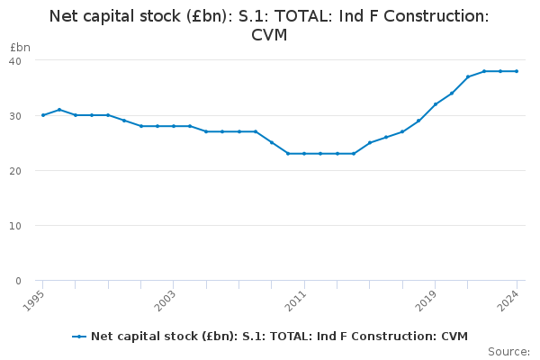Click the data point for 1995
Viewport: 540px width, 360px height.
tap(43, 115)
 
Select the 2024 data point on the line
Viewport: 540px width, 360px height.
tap(517, 71)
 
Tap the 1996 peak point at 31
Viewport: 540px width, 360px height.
tap(59, 110)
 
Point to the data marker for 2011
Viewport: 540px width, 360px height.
tap(304, 154)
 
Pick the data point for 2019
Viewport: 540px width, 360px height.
tap(436, 104)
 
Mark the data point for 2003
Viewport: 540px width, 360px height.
tap(174, 126)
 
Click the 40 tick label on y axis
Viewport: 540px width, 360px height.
tap(15, 61)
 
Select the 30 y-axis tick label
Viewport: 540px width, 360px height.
tap(15, 116)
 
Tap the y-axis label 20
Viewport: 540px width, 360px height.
tap(15, 171)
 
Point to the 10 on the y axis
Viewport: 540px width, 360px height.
tap(15, 226)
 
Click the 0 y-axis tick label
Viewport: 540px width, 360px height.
tap(18, 281)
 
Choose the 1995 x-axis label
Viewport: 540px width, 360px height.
tap(33, 301)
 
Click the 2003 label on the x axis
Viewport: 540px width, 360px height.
tap(165, 301)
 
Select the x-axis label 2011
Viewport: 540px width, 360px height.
tap(295, 301)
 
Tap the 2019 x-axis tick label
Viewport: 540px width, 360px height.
tap(427, 301)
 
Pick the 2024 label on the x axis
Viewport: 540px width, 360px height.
tap(508, 301)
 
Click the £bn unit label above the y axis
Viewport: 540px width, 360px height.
tap(20, 47)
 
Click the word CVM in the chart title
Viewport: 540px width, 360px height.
tap(269, 35)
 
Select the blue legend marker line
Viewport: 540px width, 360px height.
tap(79, 337)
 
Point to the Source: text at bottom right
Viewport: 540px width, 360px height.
tap(509, 352)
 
